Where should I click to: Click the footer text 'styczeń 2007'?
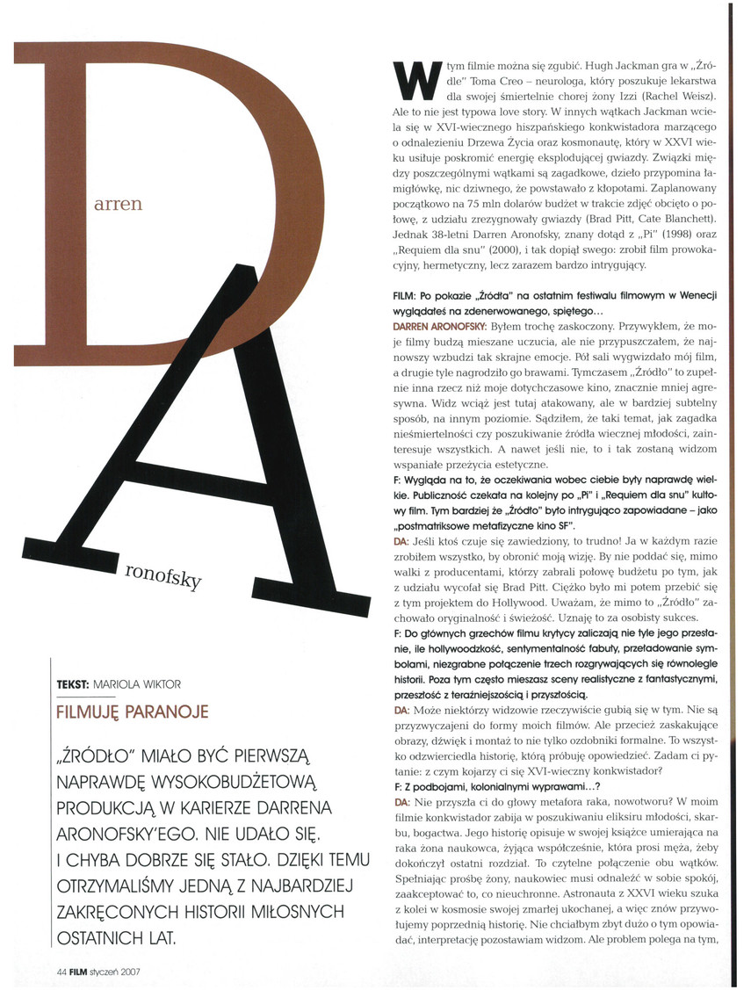tap(119, 972)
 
